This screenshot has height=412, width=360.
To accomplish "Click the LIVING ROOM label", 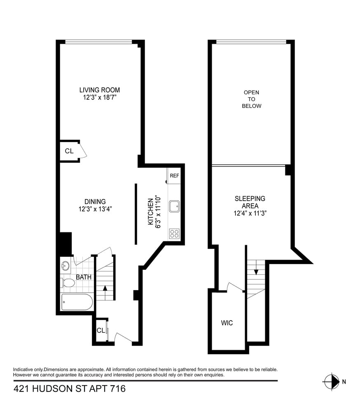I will click(100, 90).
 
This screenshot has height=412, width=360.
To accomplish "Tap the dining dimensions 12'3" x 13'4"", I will click(95, 209).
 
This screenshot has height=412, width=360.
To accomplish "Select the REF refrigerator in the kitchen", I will click(174, 176).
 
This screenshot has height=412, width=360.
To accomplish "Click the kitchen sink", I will click(175, 206).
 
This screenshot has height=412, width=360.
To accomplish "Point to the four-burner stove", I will click(174, 234).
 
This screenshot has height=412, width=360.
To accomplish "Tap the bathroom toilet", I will click(68, 283).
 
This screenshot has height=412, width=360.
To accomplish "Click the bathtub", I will click(77, 302).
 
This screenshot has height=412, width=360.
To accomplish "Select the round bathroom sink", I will click(65, 265).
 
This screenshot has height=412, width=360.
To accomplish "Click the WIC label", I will click(227, 323).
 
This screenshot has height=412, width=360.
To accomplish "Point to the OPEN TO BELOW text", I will click(252, 99).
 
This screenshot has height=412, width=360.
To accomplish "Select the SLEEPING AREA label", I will click(250, 199).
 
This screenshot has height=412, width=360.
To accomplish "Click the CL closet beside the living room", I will click(69, 151).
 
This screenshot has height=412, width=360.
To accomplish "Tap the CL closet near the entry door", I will click(101, 330).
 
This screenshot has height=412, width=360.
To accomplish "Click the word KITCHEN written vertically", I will click(151, 210).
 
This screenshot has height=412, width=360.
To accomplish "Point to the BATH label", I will click(84, 277).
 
